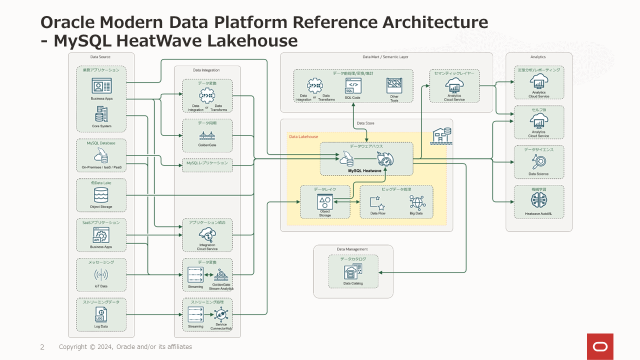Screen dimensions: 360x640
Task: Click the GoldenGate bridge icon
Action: [x=207, y=135]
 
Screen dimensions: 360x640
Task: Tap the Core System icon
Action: [x=101, y=114]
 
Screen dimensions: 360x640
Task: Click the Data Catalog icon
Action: [x=353, y=271]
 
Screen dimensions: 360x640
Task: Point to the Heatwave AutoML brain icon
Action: [x=538, y=200]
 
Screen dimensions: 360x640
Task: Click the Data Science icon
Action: [x=538, y=161]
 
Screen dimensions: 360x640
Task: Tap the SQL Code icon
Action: [x=352, y=86]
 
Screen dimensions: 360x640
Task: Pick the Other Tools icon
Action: [x=394, y=85]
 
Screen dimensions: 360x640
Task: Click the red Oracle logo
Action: [x=600, y=346]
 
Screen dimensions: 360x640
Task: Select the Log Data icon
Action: [x=101, y=314]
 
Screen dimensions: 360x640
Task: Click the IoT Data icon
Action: [x=101, y=274]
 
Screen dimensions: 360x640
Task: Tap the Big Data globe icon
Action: [x=416, y=202]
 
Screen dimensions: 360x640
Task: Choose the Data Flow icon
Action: [x=377, y=202]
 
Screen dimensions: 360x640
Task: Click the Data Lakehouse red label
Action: [x=303, y=136]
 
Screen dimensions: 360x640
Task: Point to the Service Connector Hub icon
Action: [x=220, y=314]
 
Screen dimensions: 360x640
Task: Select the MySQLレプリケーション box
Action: [x=207, y=163]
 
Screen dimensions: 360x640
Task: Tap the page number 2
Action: [x=42, y=347]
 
